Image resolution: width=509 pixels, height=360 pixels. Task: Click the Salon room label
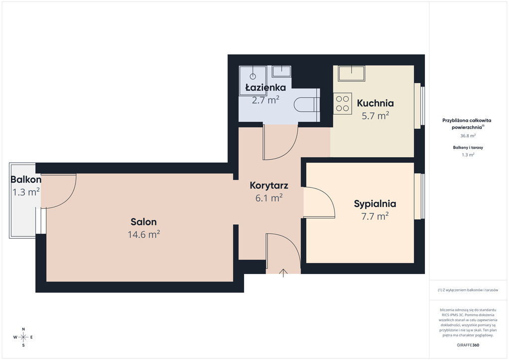click(x=144, y=222)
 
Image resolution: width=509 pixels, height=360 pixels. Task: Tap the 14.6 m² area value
click(x=144, y=234)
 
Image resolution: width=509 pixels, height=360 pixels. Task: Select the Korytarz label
click(x=269, y=185)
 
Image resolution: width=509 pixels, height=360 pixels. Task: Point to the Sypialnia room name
click(x=375, y=204)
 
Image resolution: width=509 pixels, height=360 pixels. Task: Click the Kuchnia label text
click(x=375, y=103)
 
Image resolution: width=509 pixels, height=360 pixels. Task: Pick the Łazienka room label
click(x=265, y=88)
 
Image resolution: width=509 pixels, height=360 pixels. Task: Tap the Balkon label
click(x=26, y=180)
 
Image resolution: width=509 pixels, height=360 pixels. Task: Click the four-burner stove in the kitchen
click(x=342, y=103)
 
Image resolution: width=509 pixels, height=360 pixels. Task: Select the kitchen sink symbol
click(x=351, y=74)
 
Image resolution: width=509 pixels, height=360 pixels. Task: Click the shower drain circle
click(x=253, y=76)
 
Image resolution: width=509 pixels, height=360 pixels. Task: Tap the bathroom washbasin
click(x=281, y=71)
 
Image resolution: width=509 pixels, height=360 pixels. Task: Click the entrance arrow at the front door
click(x=283, y=273)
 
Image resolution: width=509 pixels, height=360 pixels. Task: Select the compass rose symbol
click(x=23, y=337)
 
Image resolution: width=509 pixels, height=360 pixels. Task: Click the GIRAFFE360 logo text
click(x=468, y=345)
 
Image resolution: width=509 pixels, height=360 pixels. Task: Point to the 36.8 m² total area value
click(x=468, y=136)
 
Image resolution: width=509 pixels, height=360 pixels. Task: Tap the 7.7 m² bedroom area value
click(x=375, y=216)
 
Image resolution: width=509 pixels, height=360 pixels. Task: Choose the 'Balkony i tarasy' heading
click(x=468, y=147)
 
